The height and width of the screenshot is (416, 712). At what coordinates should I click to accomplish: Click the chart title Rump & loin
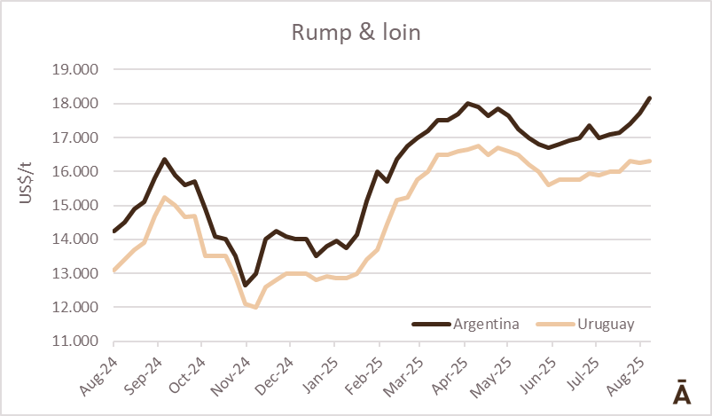tap(356, 34)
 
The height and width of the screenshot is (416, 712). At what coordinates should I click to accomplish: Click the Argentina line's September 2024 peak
tap(164, 160)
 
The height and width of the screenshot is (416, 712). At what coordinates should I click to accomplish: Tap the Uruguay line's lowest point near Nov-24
tap(255, 307)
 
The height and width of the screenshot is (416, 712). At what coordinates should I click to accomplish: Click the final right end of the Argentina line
tap(650, 98)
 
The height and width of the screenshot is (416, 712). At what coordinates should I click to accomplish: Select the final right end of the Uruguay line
tap(650, 161)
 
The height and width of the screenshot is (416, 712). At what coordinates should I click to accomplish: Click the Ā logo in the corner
tap(682, 392)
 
